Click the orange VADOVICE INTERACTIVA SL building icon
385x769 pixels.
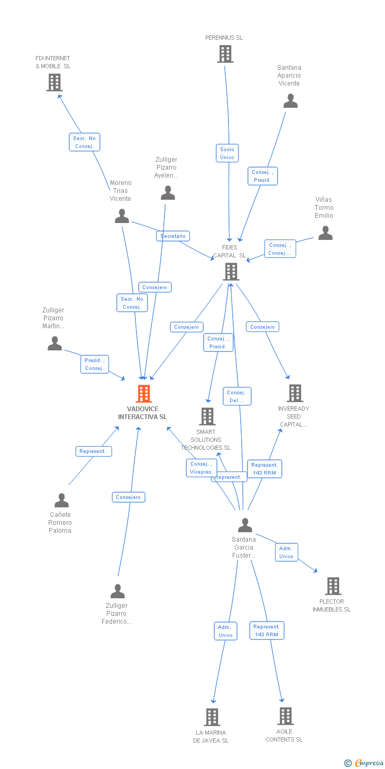144,394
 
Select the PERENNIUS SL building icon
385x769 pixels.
225,54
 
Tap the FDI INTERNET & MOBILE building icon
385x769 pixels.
54,82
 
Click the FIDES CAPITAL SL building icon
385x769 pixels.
231,272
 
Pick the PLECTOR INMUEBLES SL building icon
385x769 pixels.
333,586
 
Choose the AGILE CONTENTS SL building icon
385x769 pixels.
285,716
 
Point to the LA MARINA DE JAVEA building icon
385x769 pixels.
212,717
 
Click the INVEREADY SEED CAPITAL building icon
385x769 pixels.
295,393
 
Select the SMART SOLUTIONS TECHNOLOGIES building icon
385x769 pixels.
207,416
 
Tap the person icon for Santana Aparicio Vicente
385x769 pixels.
290,101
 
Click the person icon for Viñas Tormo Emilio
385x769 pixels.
325,233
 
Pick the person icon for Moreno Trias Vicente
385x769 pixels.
122,216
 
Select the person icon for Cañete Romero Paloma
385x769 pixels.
61,500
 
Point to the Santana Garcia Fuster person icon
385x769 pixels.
245,525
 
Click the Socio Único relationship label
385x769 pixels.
227,153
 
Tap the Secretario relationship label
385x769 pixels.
173,236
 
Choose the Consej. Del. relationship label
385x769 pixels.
236,396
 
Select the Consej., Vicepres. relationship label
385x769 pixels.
201,468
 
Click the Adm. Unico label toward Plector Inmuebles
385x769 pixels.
286,552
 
